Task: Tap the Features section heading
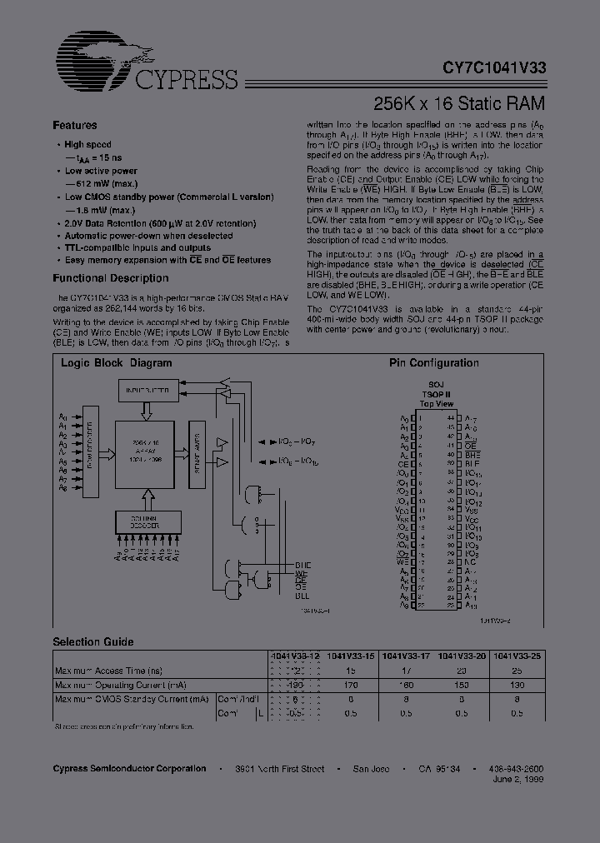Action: pos(75,126)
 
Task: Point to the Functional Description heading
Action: pos(111,278)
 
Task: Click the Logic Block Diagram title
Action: pos(117,363)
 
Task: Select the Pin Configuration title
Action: pos(434,363)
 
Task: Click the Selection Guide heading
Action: pos(93,642)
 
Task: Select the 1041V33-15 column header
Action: pos(349,655)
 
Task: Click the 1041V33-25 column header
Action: pos(517,655)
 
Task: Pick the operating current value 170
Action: pos(350,685)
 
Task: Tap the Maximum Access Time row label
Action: pos(108,670)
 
